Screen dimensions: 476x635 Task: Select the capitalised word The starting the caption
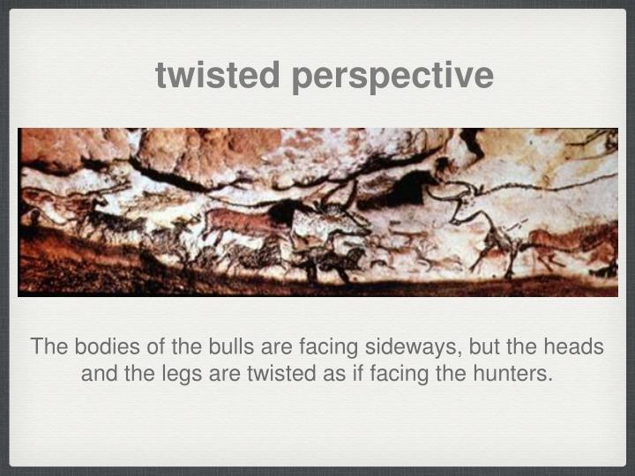49,346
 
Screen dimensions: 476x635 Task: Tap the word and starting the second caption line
99,374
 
